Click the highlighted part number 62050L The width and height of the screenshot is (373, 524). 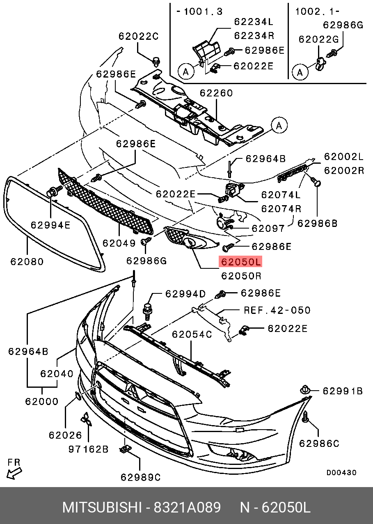(x=240, y=262)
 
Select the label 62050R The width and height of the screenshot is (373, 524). (x=241, y=275)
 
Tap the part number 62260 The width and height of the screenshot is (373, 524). (x=216, y=93)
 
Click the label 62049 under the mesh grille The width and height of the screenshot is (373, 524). (x=119, y=243)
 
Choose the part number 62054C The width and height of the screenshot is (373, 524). (x=192, y=334)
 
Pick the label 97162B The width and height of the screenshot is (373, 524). (x=88, y=449)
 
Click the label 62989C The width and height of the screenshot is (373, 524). (x=140, y=477)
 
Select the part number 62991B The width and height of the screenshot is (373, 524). (x=342, y=391)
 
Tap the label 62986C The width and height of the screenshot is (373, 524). (x=319, y=443)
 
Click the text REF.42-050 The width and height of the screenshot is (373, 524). (x=277, y=310)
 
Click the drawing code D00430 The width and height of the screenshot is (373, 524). (x=341, y=473)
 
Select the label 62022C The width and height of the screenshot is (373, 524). (x=138, y=36)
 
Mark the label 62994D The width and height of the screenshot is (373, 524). (x=185, y=294)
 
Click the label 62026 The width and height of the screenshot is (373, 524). (x=65, y=435)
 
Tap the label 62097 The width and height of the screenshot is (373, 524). (x=268, y=228)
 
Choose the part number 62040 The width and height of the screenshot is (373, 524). (x=57, y=374)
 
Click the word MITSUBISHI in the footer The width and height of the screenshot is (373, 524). (x=102, y=508)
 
